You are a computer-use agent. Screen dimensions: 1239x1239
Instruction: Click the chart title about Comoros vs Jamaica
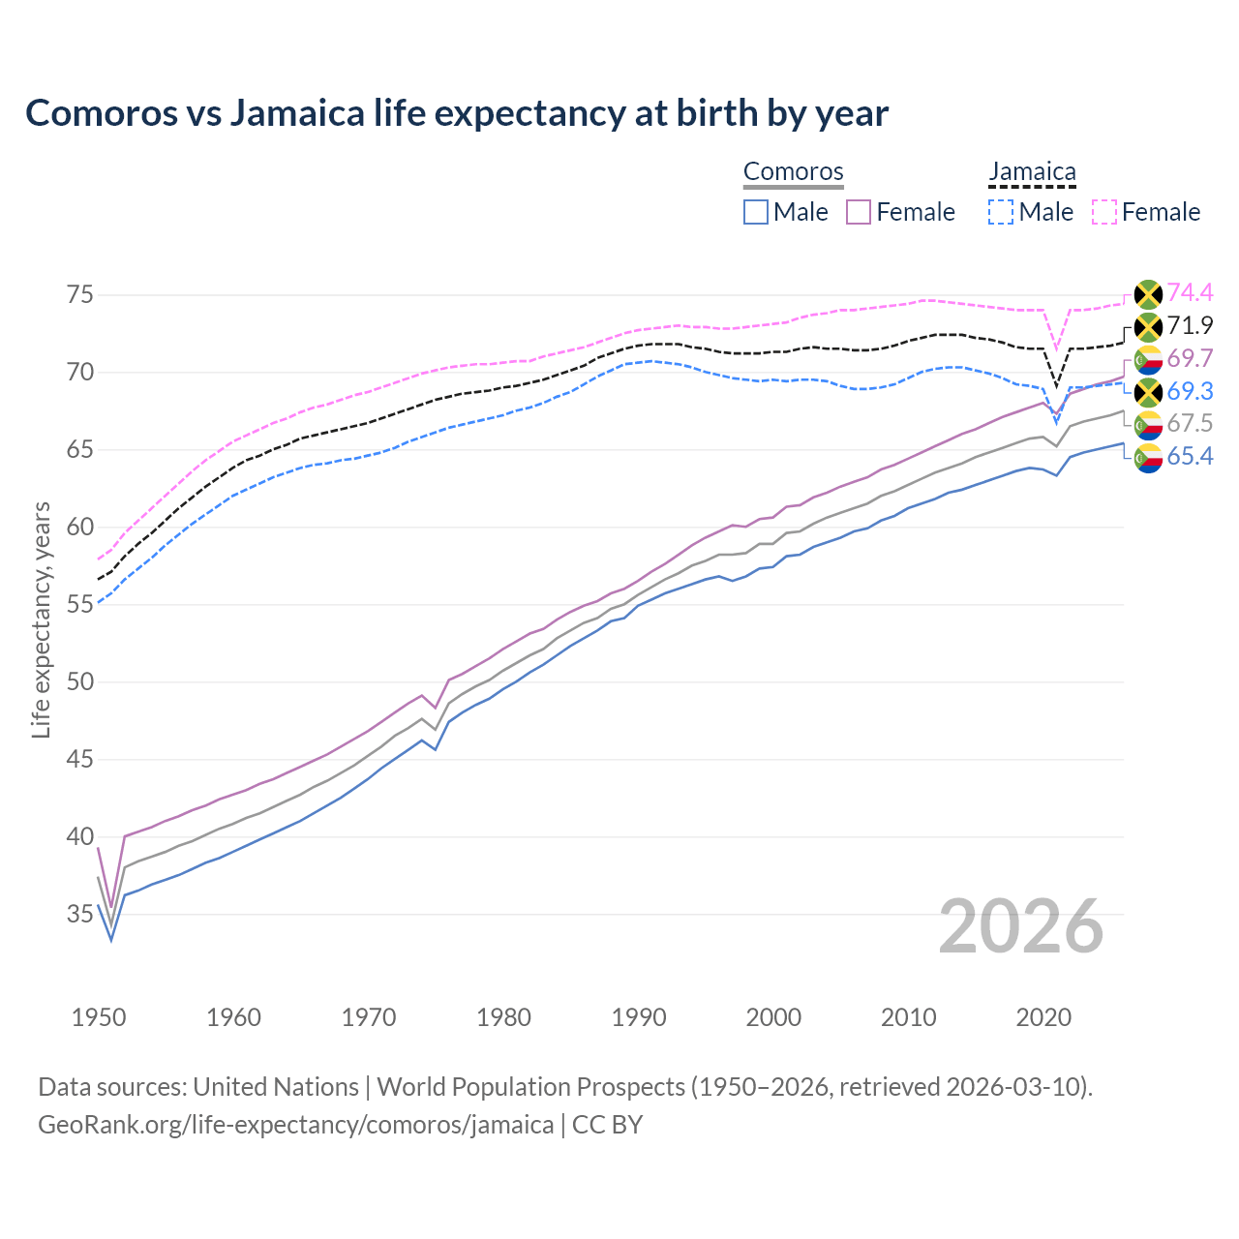tap(456, 113)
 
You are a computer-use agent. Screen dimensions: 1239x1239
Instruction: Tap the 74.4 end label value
tap(1190, 292)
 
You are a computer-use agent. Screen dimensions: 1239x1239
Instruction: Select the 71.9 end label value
tap(1190, 325)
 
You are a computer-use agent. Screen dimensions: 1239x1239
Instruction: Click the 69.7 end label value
tap(1190, 358)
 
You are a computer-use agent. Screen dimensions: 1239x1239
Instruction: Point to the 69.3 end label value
tap(1190, 391)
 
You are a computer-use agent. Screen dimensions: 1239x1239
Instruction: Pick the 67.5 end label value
tap(1190, 423)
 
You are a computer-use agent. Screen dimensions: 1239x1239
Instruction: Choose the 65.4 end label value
tap(1190, 456)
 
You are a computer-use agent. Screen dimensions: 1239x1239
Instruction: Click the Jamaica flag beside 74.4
tap(1148, 293)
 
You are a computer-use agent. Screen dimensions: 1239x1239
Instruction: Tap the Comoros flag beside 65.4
tap(1148, 457)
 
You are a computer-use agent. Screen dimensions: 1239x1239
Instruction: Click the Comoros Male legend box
tap(756, 212)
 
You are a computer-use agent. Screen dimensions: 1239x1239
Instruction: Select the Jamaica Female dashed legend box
tap(1104, 212)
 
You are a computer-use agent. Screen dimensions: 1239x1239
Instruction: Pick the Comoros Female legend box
tap(859, 212)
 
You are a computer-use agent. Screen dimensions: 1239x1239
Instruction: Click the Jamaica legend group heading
tap(1032, 172)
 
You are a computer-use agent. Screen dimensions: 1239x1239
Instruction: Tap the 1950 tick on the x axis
tap(99, 1017)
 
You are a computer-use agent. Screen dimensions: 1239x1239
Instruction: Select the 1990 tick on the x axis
tap(639, 1017)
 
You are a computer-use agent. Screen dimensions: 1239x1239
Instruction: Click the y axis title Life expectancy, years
tap(41, 619)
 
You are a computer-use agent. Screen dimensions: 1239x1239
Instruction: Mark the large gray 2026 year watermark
tap(1020, 926)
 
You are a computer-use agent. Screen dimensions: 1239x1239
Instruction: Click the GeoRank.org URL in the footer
tap(295, 1125)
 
